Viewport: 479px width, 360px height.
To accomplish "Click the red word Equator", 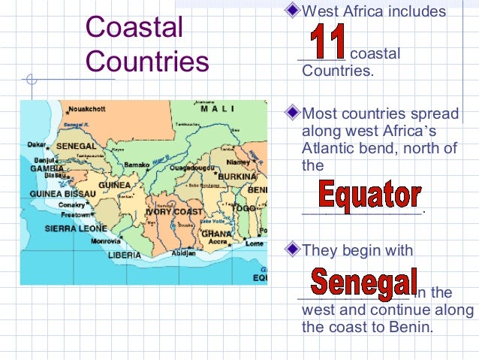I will [369, 196].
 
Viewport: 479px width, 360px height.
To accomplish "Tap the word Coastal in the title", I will [134, 28].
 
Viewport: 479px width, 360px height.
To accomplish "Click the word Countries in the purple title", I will [147, 61].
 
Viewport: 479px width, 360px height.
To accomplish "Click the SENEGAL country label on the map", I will [71, 145].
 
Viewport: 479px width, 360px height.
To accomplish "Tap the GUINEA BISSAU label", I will [56, 193].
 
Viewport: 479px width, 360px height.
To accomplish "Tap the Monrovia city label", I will [105, 241].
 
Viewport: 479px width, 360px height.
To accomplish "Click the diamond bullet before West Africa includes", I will [294, 11].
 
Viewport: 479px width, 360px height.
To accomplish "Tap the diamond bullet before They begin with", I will [294, 246].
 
